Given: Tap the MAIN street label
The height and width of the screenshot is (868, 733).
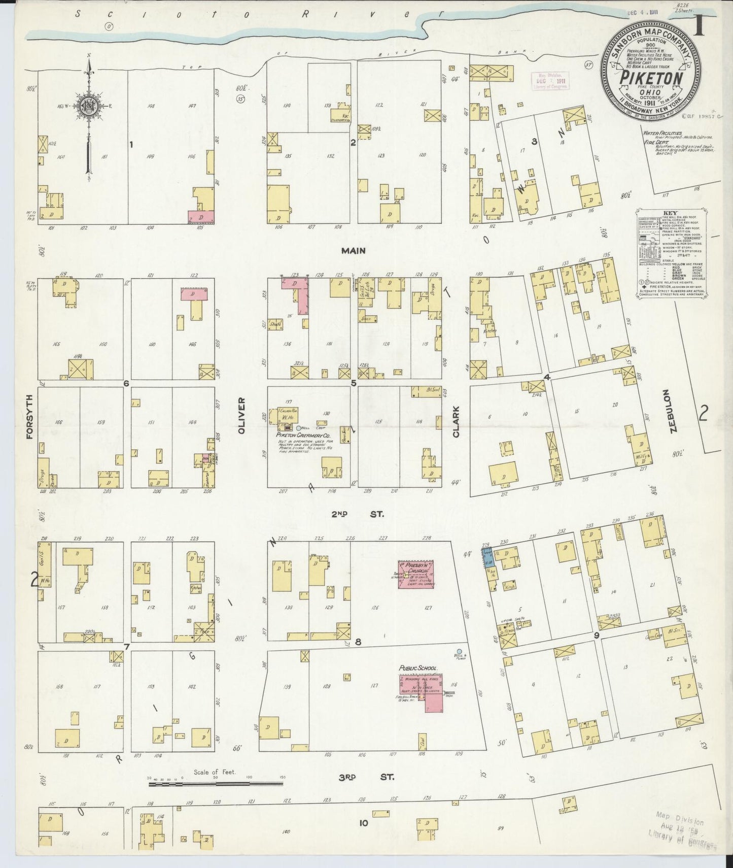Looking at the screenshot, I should [x=353, y=250].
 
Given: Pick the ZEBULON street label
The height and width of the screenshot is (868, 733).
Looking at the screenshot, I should [x=673, y=411].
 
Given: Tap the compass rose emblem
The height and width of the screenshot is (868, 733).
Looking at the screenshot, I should [x=89, y=106].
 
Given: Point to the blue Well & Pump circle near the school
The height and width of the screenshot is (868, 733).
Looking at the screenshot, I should [x=459, y=651].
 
